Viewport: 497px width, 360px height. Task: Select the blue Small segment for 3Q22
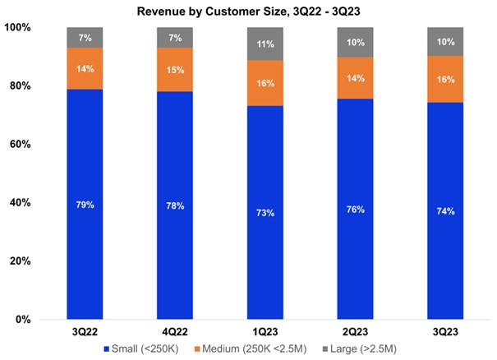[85, 247]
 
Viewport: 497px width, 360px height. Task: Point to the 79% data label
[85, 205]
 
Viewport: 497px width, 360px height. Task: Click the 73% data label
[265, 213]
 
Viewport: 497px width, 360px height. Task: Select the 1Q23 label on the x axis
[265, 332]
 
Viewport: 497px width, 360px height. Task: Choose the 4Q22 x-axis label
[175, 332]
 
